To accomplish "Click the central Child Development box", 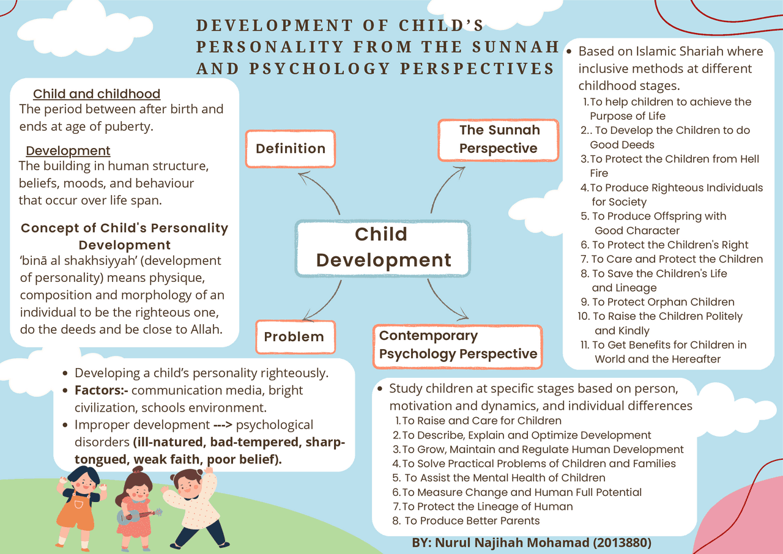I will tap(383, 247).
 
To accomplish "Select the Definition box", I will tap(291, 149).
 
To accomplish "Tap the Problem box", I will tap(294, 336).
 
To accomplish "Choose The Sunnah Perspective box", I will tap(499, 139).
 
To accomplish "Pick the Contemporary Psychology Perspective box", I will tap(458, 345).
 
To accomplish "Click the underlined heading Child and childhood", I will tap(97, 94).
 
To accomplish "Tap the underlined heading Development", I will tap(68, 151).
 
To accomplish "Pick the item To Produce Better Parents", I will tap(471, 521).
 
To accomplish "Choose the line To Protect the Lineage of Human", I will tap(487, 506).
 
